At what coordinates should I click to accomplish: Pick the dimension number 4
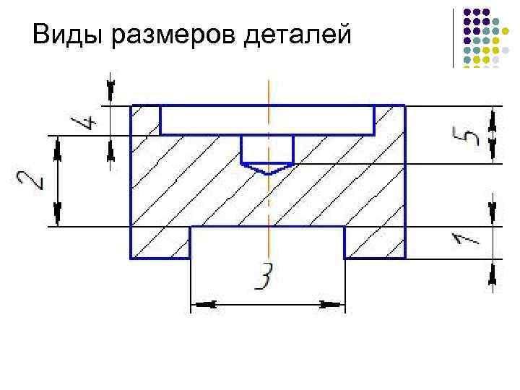(x=84, y=121)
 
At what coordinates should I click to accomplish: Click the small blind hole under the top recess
(x=267, y=149)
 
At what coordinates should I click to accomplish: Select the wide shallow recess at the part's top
(x=267, y=120)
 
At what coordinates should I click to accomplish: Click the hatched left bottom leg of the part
(x=160, y=243)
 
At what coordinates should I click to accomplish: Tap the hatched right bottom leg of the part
(x=374, y=243)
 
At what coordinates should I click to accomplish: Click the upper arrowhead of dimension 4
(x=110, y=91)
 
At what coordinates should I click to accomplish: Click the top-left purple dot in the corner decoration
(x=468, y=12)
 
